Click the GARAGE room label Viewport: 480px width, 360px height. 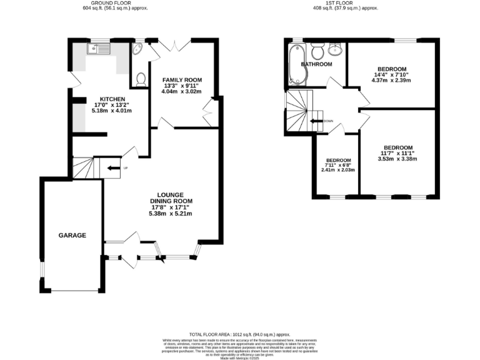(x=72, y=235)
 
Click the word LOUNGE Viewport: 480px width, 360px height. (x=170, y=194)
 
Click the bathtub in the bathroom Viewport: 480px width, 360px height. (x=295, y=65)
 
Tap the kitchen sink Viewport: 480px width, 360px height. (x=99, y=49)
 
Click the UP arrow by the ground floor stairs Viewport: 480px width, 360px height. (x=113, y=167)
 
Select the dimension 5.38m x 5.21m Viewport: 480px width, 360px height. (x=170, y=214)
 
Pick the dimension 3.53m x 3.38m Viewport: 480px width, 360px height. (x=398, y=159)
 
